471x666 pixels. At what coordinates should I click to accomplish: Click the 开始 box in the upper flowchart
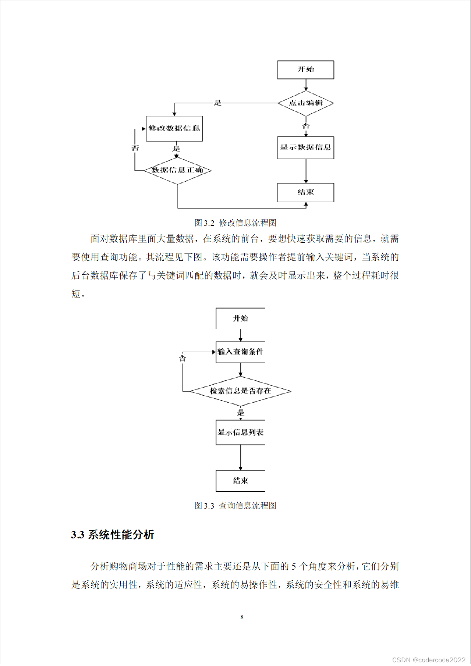[305, 70]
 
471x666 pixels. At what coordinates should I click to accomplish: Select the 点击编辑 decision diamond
[305, 103]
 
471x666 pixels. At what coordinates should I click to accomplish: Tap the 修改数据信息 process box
[174, 128]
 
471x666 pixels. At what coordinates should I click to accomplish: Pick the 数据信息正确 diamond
[177, 170]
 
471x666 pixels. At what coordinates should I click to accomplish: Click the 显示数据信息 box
[305, 147]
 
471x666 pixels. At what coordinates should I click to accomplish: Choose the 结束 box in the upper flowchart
[305, 192]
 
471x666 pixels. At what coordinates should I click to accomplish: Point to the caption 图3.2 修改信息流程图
[235, 223]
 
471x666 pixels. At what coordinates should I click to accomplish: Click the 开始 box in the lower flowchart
[240, 318]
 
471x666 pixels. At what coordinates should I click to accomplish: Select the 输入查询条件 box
[240, 352]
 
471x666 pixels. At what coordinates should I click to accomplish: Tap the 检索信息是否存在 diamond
[240, 391]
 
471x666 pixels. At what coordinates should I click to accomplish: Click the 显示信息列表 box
[240, 432]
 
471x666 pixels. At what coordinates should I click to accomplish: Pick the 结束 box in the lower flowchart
[240, 481]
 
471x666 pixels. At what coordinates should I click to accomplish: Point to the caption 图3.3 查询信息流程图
[235, 506]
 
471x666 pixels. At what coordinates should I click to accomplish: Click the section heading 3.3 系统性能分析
[113, 535]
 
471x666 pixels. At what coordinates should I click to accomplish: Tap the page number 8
[242, 617]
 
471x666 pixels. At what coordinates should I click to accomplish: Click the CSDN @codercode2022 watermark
[429, 660]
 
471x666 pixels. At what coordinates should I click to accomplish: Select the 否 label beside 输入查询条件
[183, 358]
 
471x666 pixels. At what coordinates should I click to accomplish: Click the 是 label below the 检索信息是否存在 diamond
[241, 413]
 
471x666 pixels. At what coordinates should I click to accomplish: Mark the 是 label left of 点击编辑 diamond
[218, 103]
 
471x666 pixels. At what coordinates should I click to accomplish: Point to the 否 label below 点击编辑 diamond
[306, 126]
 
